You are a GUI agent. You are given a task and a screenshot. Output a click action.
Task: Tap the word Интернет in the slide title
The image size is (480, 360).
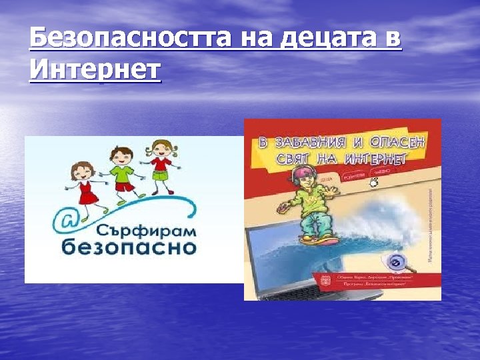point(95,67)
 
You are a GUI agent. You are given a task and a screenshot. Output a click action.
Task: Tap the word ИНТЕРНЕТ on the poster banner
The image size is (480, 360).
point(376,159)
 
